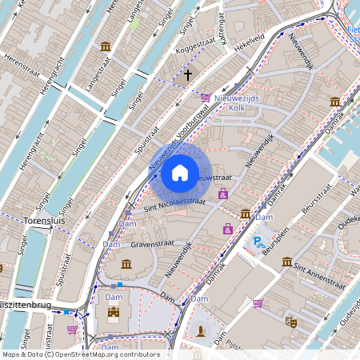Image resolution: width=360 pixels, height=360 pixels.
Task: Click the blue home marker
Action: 180,172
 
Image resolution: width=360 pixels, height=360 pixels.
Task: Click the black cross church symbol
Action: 188,75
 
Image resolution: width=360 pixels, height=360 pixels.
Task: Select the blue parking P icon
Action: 258,241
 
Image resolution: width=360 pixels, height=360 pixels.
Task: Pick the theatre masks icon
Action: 292,322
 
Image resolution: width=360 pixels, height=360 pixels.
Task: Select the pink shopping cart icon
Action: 258,304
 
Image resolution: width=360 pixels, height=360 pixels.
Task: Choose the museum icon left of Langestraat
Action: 106,46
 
